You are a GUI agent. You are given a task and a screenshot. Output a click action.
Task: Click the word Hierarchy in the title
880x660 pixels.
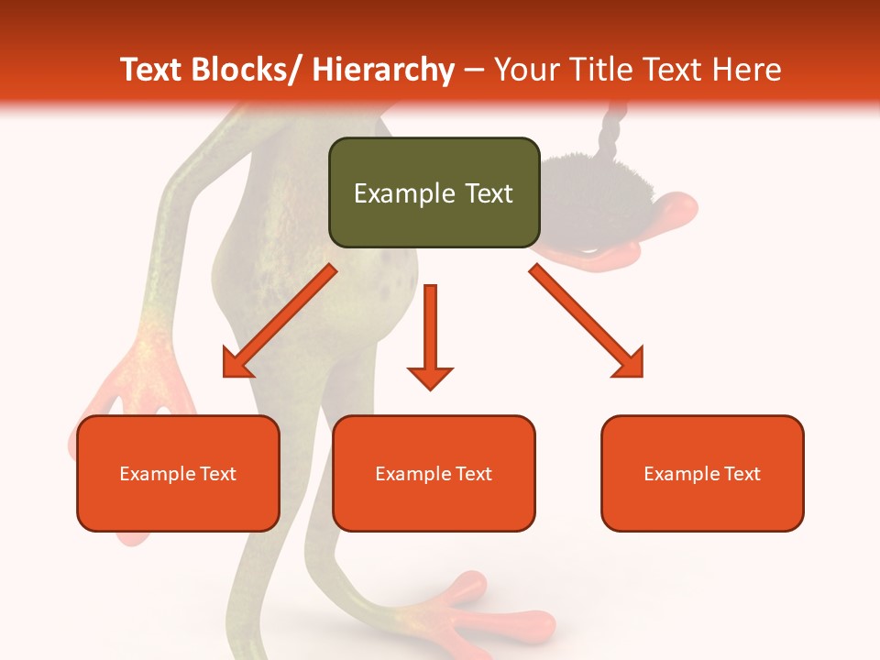(x=383, y=70)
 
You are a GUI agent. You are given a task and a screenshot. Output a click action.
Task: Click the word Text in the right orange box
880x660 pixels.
(x=741, y=474)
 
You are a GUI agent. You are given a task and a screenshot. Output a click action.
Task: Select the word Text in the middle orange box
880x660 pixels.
(x=472, y=474)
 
